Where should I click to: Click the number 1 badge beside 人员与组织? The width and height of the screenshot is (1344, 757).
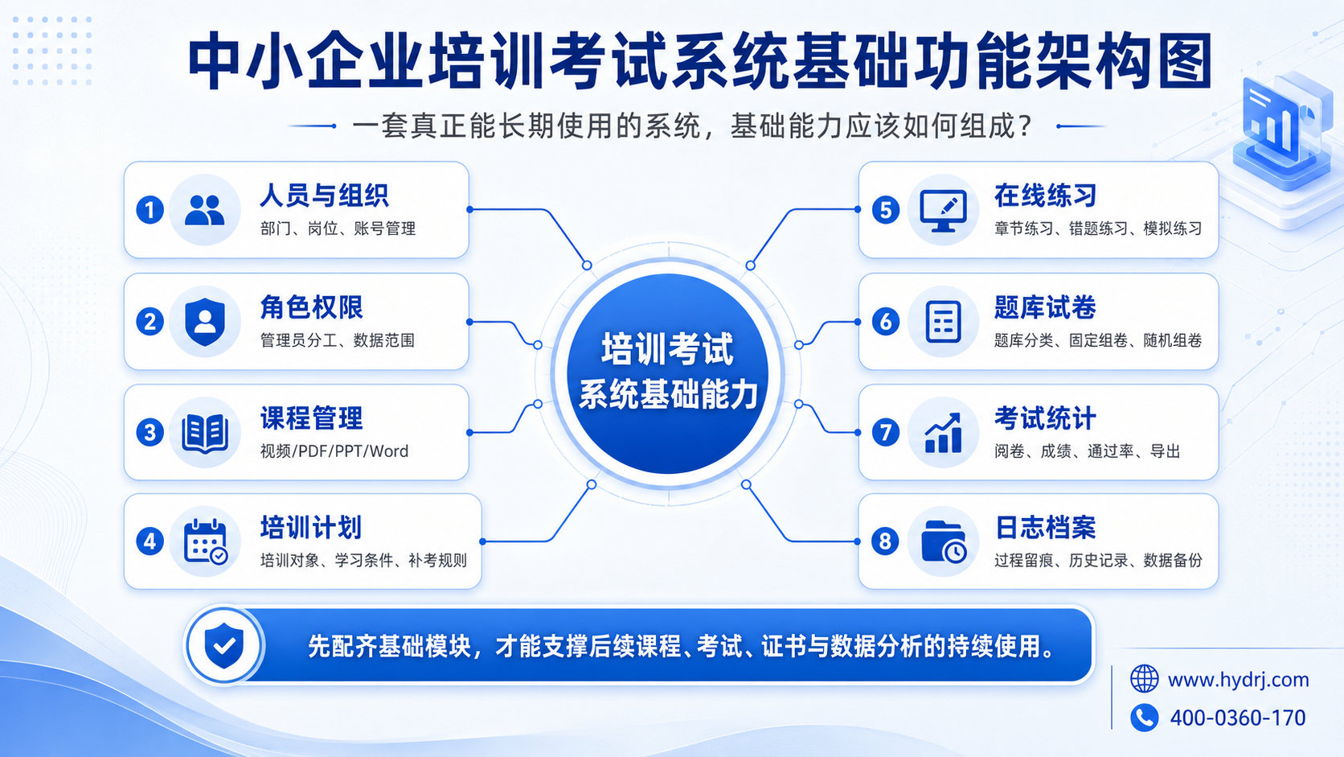(150, 210)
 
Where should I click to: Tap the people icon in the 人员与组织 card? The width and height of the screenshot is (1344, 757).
(205, 210)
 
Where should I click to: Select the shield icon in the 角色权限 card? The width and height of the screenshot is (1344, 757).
(205, 322)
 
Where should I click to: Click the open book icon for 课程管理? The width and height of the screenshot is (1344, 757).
(205, 432)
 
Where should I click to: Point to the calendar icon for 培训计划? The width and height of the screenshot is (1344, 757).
(205, 541)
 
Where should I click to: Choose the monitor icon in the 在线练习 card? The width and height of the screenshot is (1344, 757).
(943, 211)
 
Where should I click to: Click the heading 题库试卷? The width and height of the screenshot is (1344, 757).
(1045, 307)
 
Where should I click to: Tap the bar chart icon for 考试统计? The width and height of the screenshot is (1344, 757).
(943, 432)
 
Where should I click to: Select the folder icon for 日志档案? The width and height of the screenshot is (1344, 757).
(944, 541)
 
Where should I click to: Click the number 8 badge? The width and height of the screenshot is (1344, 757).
(885, 541)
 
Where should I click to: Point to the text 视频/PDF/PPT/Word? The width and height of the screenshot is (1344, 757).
(334, 451)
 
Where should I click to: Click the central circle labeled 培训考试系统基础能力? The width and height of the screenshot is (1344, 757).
(668, 373)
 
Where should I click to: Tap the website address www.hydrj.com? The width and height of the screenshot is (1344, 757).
(1239, 680)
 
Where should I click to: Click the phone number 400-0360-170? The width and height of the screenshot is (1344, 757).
(1238, 718)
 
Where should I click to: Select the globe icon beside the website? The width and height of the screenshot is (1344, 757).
(1144, 679)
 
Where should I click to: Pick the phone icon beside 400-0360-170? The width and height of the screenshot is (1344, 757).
(1144, 718)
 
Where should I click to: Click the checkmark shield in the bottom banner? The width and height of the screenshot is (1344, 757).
(223, 645)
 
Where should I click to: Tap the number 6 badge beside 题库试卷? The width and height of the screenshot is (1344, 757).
(886, 321)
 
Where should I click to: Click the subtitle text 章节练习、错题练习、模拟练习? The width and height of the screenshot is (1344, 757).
(1098, 228)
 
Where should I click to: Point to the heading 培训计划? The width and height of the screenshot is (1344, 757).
(311, 528)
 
